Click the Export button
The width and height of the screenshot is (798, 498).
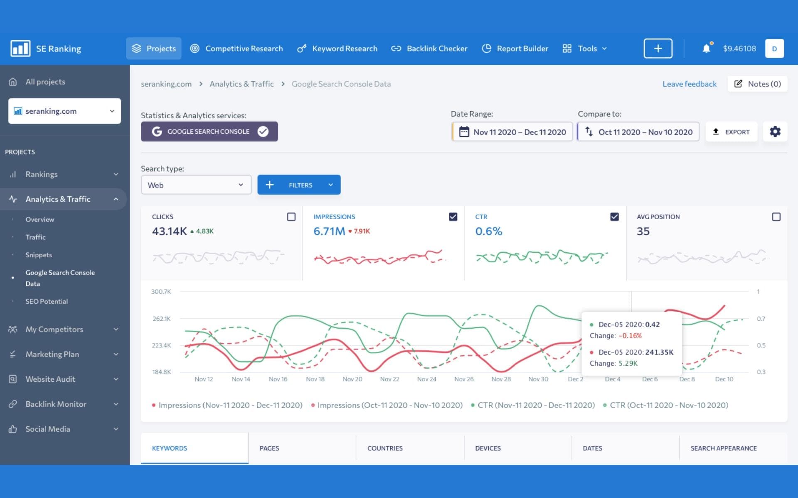(731, 132)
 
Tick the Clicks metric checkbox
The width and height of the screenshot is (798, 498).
(291, 217)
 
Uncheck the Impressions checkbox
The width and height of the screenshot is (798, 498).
(453, 217)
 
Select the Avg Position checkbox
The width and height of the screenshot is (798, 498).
(776, 217)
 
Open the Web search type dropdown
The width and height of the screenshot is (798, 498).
(196, 185)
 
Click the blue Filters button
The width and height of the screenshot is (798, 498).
(299, 185)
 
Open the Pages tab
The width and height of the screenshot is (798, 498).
(269, 448)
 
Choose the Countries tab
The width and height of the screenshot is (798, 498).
(385, 448)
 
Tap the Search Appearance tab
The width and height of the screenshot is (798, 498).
(724, 448)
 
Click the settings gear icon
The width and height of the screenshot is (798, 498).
(775, 132)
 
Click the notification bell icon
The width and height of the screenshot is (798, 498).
(706, 49)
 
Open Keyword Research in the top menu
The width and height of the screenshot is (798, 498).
(337, 49)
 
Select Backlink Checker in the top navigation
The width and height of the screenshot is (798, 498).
(429, 49)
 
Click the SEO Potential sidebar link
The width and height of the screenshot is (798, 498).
(47, 301)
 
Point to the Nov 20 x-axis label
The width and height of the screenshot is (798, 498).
(352, 379)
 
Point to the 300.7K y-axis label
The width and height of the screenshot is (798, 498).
(161, 292)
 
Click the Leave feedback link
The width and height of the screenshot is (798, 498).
(690, 84)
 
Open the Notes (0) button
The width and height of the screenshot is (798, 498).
(758, 84)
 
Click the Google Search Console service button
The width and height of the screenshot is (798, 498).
(209, 132)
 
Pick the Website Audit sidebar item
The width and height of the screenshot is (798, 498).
(50, 379)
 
